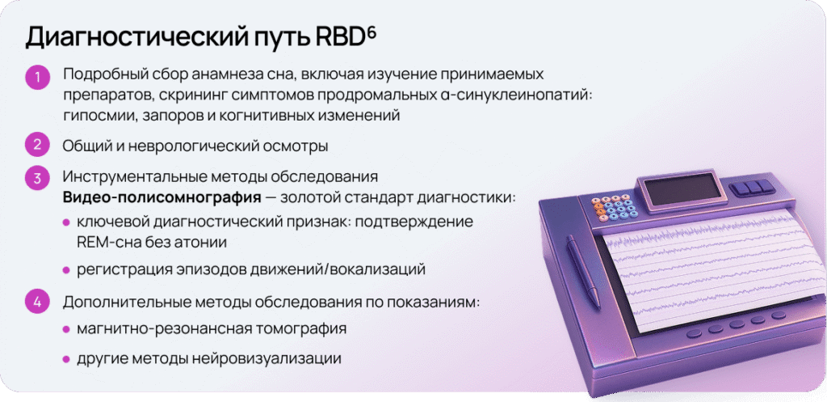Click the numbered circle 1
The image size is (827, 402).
[x=37, y=78]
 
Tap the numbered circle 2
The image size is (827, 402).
[x=37, y=146]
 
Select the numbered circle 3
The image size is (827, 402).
[x=37, y=178]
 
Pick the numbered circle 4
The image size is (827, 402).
[x=37, y=303]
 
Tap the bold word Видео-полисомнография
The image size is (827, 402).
[x=162, y=198]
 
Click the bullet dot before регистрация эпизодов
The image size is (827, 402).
[x=66, y=270]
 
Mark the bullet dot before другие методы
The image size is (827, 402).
[x=66, y=359]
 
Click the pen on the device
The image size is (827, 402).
[x=583, y=272]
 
